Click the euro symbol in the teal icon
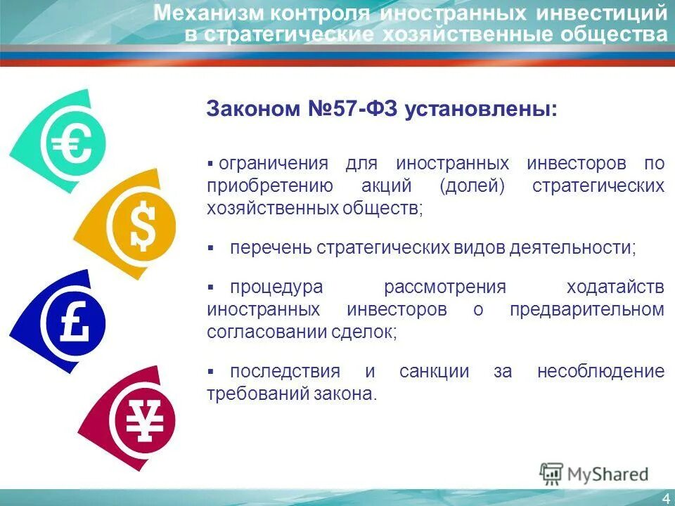(72, 145)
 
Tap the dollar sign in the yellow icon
(143, 226)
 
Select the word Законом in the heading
(252, 110)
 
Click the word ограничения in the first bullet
(274, 164)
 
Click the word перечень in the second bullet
(270, 247)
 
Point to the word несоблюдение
(600, 371)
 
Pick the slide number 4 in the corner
(665, 498)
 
